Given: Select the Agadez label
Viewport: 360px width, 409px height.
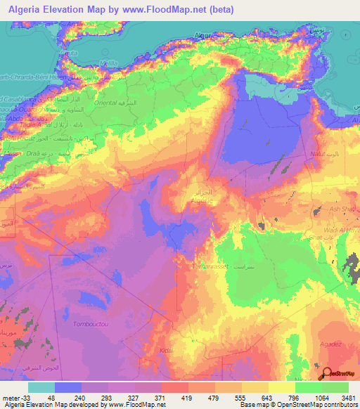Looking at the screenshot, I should pos(330,344).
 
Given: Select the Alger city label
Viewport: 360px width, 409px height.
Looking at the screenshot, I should pos(202,34).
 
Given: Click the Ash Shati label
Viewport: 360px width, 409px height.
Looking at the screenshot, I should pos(343,209).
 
